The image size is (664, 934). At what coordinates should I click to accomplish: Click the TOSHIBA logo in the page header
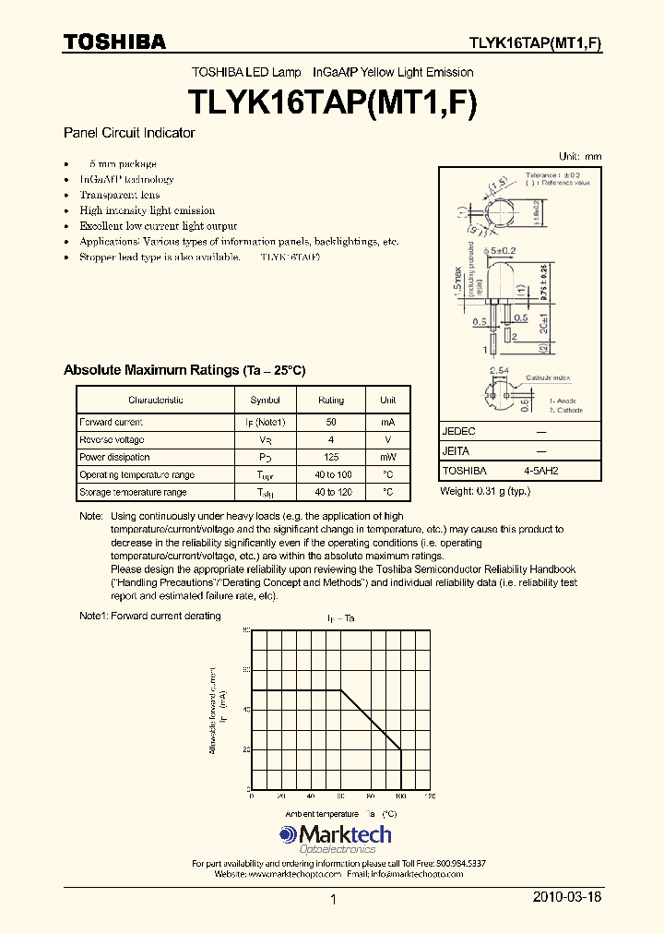point(114,42)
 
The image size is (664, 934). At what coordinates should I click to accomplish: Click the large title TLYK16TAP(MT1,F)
point(332,101)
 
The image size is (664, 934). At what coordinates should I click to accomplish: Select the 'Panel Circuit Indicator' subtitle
point(129,133)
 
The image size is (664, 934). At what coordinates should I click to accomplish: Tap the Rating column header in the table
point(331,401)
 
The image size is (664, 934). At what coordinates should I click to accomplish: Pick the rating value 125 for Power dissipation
point(331,458)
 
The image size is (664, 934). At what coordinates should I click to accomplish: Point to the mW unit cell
point(387,458)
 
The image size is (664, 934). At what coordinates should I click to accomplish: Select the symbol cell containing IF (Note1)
point(267,423)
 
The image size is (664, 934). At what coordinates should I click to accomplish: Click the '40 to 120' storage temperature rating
point(331,493)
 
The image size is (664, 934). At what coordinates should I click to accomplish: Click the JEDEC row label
point(459,431)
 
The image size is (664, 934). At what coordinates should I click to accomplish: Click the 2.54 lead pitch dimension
point(499,370)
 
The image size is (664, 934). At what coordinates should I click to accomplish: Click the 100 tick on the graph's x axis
point(400,796)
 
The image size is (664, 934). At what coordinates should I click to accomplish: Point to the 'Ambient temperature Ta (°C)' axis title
point(340,814)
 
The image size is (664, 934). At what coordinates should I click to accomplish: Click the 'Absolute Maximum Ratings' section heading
point(184,370)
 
